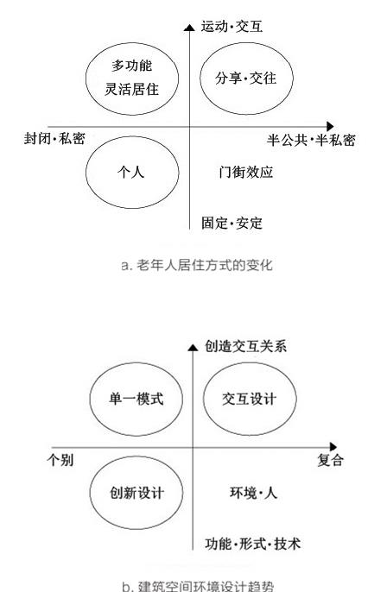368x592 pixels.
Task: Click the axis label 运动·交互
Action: [232, 27]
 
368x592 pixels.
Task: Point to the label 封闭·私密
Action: [54, 139]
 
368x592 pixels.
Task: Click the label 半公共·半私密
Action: [311, 140]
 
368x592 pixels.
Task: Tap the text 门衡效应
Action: [246, 173]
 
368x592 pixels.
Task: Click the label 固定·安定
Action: [232, 223]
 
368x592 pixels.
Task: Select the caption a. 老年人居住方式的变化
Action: [197, 265]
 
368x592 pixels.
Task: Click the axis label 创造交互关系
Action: [245, 346]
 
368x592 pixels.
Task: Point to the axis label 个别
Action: [60, 460]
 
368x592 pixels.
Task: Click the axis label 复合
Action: [330, 460]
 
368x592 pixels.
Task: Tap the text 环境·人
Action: [253, 493]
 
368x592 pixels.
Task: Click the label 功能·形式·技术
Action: [253, 544]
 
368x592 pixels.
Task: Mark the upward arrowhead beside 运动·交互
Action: [189, 27]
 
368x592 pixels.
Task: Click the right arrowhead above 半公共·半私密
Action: [330, 127]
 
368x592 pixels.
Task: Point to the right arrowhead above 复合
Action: [333, 447]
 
